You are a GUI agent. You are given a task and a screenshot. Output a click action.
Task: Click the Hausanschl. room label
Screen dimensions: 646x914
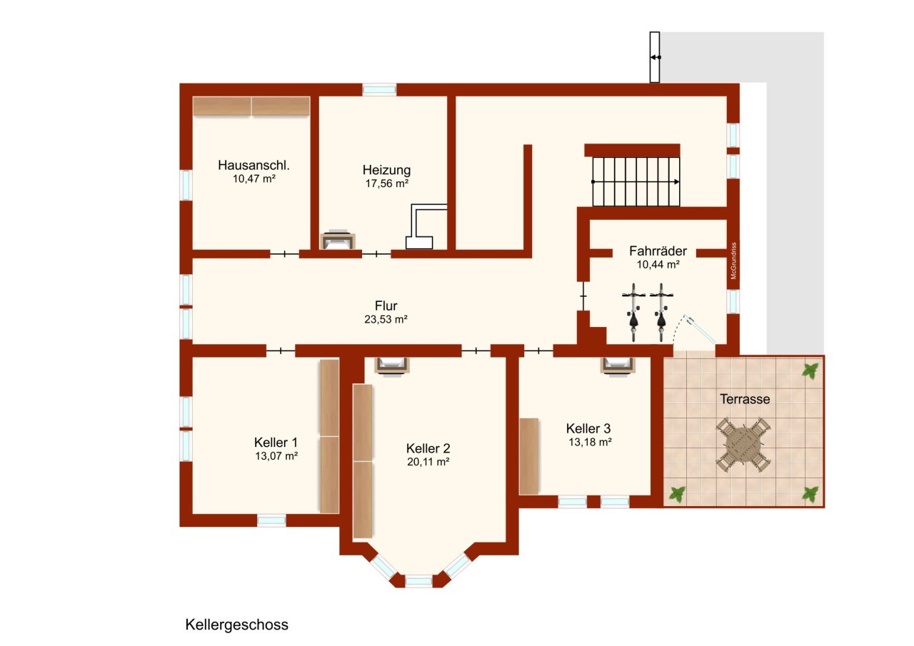[x=253, y=165]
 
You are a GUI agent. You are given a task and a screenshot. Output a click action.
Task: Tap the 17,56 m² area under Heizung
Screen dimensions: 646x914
[x=386, y=183]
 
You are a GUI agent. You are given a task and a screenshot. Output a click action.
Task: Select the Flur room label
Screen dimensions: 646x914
[x=386, y=307]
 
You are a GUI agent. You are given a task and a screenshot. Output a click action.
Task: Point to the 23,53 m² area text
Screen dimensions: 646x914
[x=386, y=320]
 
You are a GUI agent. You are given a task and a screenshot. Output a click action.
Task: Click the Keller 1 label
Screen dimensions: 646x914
[x=276, y=442]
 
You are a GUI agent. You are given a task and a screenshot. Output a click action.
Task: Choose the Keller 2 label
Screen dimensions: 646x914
[x=428, y=448]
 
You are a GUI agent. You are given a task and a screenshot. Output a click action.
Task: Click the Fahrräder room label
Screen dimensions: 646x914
[x=658, y=251]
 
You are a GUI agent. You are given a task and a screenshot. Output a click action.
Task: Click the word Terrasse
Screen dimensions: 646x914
[x=745, y=399]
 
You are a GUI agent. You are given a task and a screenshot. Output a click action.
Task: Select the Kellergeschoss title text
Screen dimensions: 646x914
[x=236, y=625]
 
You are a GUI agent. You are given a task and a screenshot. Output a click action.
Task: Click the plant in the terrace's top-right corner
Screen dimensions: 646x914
[x=810, y=370]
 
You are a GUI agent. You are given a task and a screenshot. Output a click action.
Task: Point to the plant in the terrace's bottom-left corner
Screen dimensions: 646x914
[x=677, y=493]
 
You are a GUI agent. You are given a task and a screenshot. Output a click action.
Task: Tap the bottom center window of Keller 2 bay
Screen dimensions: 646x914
[x=419, y=581]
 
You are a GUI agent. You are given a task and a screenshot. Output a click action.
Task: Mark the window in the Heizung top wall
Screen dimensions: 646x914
[x=379, y=89]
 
